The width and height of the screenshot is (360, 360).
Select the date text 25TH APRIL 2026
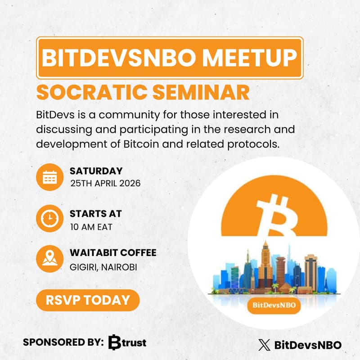[x=105, y=184]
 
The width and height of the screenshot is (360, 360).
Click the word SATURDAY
[x=96, y=171]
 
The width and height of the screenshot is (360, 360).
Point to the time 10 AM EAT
[x=91, y=226]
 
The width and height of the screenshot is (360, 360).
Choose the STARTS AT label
[x=95, y=214]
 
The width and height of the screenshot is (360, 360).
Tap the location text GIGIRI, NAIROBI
[x=103, y=267]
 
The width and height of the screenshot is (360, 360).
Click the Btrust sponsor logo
[x=127, y=342]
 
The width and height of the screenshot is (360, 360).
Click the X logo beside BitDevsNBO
[x=264, y=345]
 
